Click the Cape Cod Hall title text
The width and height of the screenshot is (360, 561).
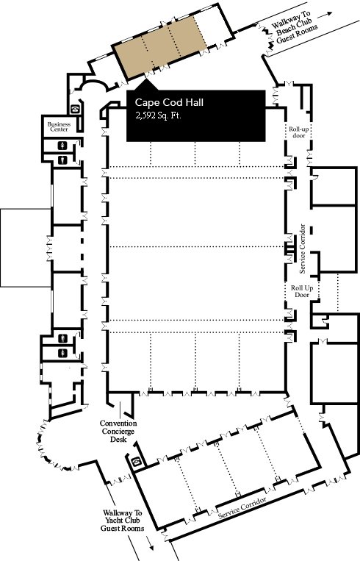pos(169,103)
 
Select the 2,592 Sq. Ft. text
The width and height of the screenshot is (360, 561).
pos(158,115)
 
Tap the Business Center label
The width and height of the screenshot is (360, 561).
pos(59,126)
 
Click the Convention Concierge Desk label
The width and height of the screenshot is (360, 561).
pos(118,431)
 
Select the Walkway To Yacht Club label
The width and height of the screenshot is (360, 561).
pos(122,521)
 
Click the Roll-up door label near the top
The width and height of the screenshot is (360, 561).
pos(299,132)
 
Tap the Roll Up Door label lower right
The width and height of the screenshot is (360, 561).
pos(302,291)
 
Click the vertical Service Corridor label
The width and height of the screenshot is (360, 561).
pos(303,249)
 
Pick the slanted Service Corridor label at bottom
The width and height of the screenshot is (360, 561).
pos(242,507)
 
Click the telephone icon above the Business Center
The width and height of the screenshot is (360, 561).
pos(75,109)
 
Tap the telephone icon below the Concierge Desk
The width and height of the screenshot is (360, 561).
pos(136,462)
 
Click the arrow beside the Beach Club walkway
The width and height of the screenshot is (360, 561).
pos(325,15)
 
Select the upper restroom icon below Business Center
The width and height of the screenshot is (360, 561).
pos(63,146)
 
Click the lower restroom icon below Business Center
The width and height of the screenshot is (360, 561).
pos(63,160)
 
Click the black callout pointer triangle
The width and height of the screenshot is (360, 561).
pos(146,85)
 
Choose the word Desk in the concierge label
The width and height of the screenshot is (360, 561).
pos(118,439)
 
